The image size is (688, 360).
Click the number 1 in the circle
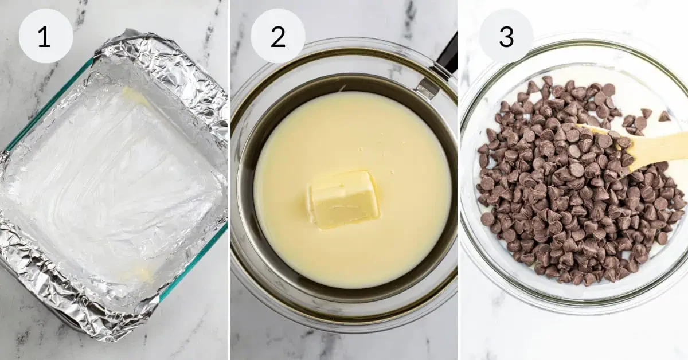(x=44, y=37)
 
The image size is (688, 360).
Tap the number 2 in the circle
(x=277, y=37)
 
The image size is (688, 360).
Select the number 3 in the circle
(x=506, y=37)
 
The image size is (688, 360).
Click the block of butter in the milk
(x=343, y=199)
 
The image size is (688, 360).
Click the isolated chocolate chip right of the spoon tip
(x=664, y=116)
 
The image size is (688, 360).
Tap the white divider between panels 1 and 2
(x=229, y=180)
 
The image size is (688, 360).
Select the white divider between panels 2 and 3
(x=459, y=180)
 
